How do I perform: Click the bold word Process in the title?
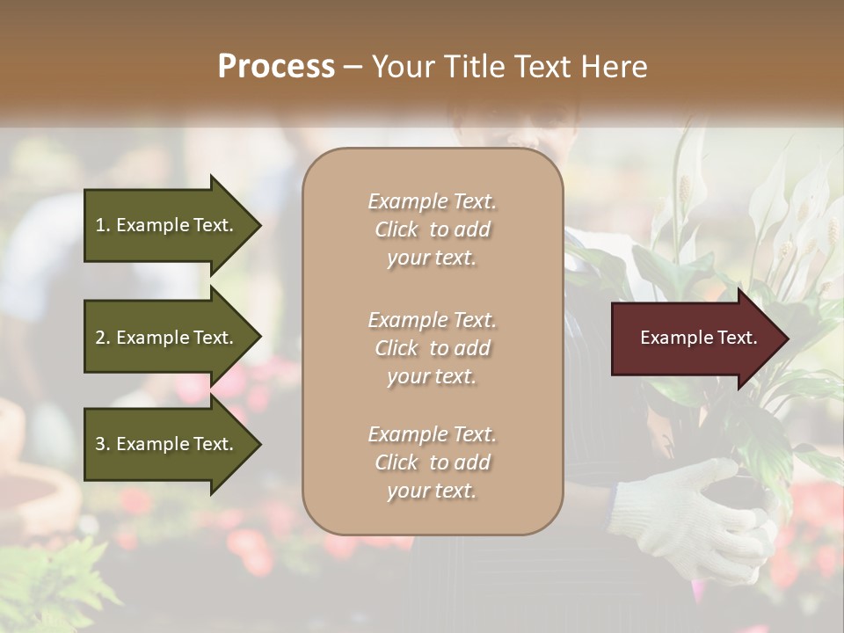[x=276, y=67]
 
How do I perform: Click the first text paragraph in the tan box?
[x=432, y=229]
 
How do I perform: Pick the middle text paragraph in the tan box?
[x=432, y=348]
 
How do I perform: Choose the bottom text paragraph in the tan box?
[x=432, y=462]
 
